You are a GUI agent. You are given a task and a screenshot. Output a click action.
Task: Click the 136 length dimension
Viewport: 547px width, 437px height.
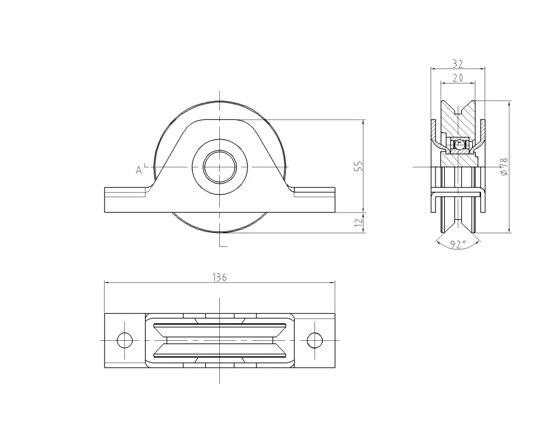(x=220, y=277)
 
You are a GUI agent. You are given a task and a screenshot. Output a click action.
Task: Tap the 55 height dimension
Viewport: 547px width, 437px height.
(x=359, y=166)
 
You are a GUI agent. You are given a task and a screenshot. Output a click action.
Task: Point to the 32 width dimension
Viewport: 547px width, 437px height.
(x=458, y=64)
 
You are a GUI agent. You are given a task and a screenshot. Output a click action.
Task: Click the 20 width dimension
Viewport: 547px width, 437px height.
(x=458, y=78)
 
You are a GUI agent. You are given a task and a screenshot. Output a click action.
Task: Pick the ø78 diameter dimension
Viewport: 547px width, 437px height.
(x=504, y=167)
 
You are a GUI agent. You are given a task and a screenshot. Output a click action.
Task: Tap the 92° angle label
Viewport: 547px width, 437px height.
(x=457, y=244)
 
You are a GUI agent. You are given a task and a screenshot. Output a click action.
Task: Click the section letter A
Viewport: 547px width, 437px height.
(x=139, y=170)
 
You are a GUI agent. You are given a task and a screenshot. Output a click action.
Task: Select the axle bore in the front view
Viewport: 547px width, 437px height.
(x=220, y=167)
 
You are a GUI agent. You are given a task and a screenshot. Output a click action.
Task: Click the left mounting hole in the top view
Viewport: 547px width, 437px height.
(x=125, y=340)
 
